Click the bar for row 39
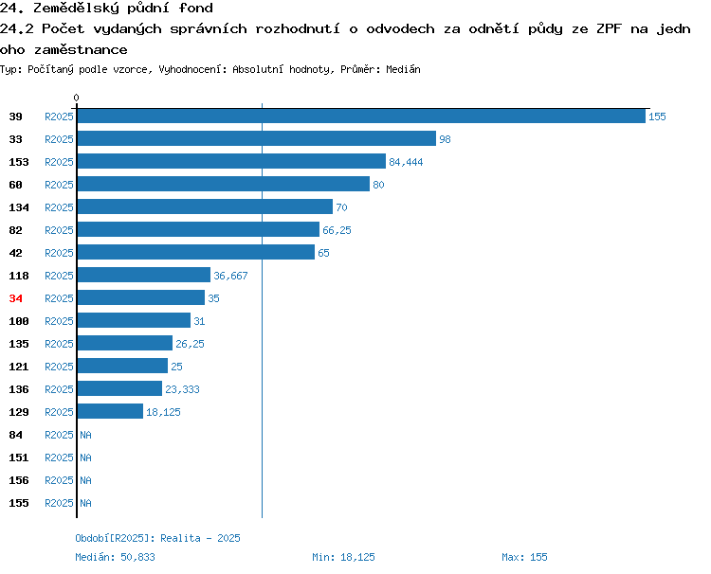coord(361,116)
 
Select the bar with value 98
coord(257,138)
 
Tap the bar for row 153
coord(231,161)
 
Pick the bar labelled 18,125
coord(110,411)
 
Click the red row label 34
coord(15,298)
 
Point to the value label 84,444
coord(406,162)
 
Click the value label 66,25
coord(337,230)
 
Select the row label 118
coord(19,276)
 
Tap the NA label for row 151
coord(85,457)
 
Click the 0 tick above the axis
coord(76,98)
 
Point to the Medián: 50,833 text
coord(115,557)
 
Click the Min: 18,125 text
coord(343,557)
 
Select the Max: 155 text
coord(524,557)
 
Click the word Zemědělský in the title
coord(76,9)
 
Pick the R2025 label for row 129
coord(59,412)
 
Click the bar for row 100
coord(134,320)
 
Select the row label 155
coord(19,503)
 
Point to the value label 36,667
coord(230,276)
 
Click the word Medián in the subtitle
coord(403,69)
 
